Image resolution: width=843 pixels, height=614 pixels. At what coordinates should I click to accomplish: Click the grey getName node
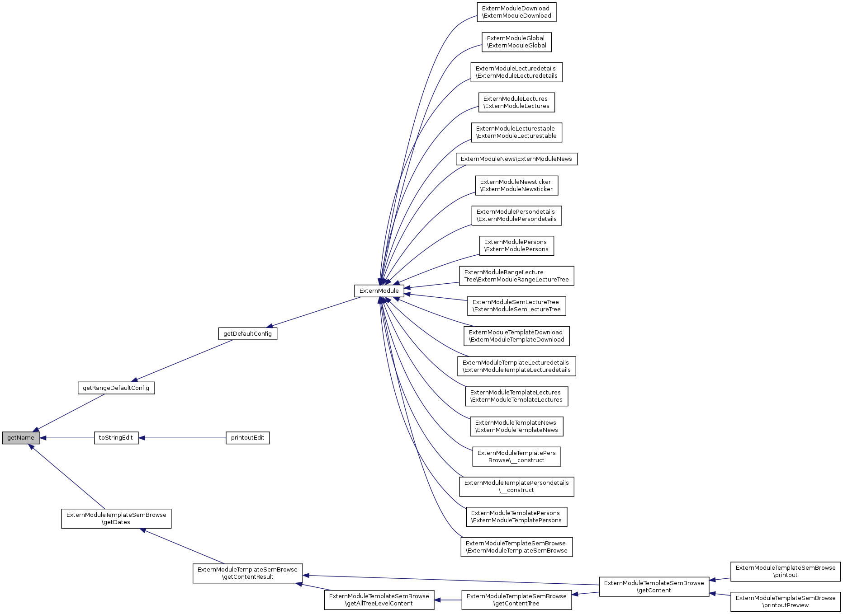(x=21, y=438)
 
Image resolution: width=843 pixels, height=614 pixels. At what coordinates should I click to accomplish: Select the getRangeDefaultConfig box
(x=116, y=388)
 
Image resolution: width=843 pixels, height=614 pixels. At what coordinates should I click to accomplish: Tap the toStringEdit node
(x=116, y=438)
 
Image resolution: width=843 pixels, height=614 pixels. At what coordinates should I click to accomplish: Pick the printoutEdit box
(x=247, y=438)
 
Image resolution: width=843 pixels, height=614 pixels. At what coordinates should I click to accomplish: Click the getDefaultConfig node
(x=247, y=334)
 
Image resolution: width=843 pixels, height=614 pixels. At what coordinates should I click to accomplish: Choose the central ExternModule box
(x=379, y=291)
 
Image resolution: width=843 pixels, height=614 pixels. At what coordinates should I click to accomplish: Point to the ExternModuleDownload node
(x=516, y=12)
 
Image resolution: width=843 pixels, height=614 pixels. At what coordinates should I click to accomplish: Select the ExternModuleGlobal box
(x=516, y=42)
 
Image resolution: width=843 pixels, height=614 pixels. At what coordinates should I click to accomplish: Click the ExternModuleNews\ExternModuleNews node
(x=516, y=159)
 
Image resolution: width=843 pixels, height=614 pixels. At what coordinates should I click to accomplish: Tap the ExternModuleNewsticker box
(x=516, y=186)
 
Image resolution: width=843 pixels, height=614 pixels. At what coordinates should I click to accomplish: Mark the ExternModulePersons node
(x=516, y=246)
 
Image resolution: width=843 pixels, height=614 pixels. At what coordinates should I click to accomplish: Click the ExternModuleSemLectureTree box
(x=516, y=306)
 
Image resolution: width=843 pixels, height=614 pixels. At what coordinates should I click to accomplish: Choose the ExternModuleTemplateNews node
(x=516, y=427)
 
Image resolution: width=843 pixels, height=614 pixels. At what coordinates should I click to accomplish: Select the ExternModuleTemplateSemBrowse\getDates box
(x=116, y=519)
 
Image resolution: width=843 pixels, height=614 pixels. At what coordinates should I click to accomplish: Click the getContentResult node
(x=247, y=573)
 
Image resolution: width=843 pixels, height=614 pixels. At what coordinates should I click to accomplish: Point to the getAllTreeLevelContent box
(x=379, y=600)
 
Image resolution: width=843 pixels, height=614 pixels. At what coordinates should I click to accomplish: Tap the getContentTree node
(x=516, y=600)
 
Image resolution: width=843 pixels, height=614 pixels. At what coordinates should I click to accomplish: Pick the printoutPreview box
(x=786, y=602)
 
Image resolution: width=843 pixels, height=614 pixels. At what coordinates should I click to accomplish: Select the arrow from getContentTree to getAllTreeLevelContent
(x=448, y=600)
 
